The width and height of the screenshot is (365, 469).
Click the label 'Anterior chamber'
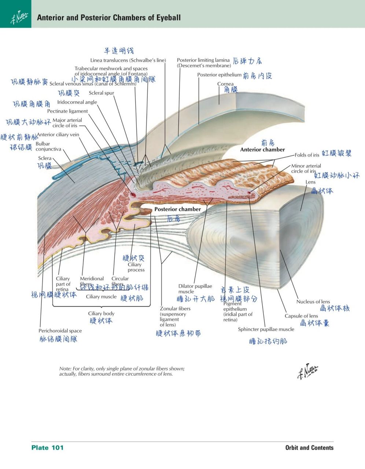pos(262,149)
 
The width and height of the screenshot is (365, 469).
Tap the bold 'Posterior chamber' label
pos(177,209)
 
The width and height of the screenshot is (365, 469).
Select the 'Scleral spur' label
pos(102,93)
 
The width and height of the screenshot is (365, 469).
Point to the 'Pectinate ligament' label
pos(67,111)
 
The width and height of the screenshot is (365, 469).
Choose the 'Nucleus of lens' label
pos(313,302)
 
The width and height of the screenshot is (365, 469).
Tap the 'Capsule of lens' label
pos(301,316)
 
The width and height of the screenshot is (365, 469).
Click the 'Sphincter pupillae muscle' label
pos(266,329)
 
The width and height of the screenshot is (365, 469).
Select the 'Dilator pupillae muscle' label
pos(195,289)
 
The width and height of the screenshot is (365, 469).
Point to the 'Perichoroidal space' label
pos(60,331)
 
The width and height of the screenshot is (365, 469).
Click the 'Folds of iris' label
pos(307,155)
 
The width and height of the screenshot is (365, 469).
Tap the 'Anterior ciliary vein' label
pos(58,134)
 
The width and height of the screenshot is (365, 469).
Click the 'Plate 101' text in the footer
pos(48,447)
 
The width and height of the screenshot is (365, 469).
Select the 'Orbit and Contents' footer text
pos(309,447)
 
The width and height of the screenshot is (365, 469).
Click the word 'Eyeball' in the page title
pos(168,18)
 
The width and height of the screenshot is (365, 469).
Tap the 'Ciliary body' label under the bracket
pos(101,314)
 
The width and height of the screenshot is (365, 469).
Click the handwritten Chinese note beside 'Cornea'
pos(231,90)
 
